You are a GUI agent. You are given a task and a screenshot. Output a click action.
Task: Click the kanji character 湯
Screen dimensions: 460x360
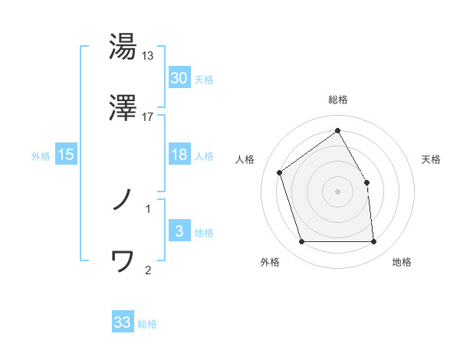(123, 47)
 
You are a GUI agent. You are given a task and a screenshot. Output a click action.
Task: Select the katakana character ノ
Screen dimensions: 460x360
(123, 201)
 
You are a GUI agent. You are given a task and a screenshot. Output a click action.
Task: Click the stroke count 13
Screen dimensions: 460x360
(148, 56)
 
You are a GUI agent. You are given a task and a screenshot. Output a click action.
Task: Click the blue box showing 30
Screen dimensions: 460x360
(179, 77)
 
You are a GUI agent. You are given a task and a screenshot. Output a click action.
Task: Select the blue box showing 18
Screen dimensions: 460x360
(179, 155)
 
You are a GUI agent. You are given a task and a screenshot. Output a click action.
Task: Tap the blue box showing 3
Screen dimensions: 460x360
(179, 231)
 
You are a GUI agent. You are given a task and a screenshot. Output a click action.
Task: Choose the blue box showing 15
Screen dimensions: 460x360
(66, 155)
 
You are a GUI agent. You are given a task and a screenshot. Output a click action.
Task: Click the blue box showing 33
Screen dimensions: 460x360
(123, 322)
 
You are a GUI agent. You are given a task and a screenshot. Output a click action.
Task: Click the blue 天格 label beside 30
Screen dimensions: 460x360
(204, 79)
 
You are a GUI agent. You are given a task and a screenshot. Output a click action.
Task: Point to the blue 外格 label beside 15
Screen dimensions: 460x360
(41, 155)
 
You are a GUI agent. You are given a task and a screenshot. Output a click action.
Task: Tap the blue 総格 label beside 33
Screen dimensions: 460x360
(148, 324)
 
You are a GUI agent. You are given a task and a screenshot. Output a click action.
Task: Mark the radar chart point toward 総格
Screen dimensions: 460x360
(337, 131)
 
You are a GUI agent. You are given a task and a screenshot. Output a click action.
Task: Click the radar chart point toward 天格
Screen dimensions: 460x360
(366, 182)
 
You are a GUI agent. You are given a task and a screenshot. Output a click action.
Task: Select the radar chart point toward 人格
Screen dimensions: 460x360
(280, 172)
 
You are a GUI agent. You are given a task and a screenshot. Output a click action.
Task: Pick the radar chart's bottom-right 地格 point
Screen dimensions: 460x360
(373, 242)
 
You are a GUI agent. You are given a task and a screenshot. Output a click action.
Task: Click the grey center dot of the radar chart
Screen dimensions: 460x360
(337, 191)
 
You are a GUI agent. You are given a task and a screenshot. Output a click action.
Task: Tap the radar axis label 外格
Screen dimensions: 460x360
(271, 262)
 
